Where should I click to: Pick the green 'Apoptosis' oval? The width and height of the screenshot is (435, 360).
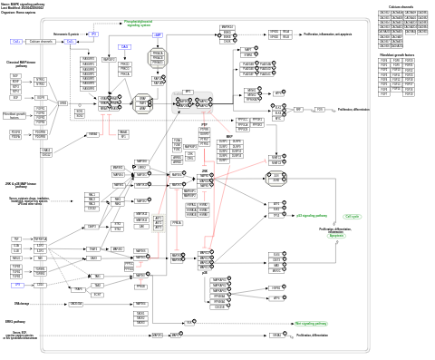click(x=336, y=236)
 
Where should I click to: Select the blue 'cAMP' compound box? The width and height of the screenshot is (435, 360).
click(x=157, y=34)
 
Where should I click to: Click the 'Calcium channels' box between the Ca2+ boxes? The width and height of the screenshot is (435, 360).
click(x=42, y=42)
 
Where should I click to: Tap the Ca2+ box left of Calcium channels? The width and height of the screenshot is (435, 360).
click(x=15, y=42)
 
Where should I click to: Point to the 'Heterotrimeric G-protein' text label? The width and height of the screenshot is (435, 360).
click(x=67, y=34)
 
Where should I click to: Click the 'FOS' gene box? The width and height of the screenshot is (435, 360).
click(x=319, y=109)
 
